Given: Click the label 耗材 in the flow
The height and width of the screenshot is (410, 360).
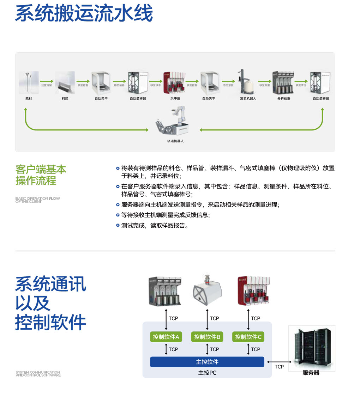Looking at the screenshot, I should (x=28, y=99).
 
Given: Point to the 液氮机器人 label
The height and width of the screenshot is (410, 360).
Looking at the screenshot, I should (x=248, y=99).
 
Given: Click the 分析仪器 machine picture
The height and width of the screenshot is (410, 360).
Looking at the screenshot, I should (x=283, y=82).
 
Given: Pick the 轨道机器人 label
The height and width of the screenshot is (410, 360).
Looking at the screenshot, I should (x=175, y=141).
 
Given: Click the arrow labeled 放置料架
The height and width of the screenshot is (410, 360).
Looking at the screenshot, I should (x=46, y=86).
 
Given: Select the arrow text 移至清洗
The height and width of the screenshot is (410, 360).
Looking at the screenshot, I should (x=301, y=86).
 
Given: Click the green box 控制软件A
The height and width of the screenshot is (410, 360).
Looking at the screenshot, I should (x=166, y=337).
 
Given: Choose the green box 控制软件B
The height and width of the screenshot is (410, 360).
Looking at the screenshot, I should (x=207, y=337).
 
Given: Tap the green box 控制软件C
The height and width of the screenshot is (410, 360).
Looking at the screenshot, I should (x=248, y=337).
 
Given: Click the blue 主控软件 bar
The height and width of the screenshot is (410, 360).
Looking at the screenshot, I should (x=207, y=362).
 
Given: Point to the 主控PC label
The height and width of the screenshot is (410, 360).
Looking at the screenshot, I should (x=207, y=373).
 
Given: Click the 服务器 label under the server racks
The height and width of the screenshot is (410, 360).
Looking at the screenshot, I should (x=311, y=373).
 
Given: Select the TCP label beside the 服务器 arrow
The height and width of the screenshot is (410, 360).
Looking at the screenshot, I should (x=279, y=367).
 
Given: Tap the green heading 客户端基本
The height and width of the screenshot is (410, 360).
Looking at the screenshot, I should (x=41, y=170).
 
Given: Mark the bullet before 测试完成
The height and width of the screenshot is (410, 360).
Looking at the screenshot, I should (x=118, y=226).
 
